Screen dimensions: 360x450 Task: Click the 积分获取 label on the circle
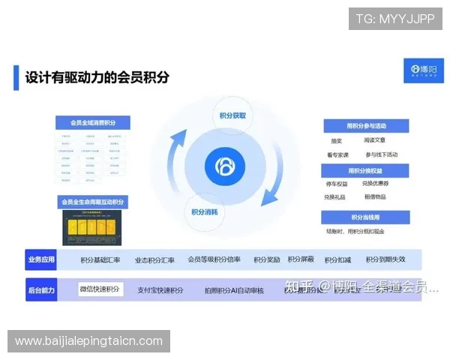pyautogui.click(x=232, y=115)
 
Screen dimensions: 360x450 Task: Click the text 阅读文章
pyautogui.click(x=375, y=140)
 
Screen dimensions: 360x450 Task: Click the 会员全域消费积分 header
pyautogui.click(x=94, y=123)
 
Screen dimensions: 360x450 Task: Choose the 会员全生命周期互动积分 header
pyautogui.click(x=94, y=202)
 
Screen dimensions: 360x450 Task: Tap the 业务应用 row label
pyautogui.click(x=41, y=259)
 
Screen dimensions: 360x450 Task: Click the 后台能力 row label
pyautogui.click(x=41, y=289)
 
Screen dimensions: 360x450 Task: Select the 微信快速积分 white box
pyautogui.click(x=100, y=289)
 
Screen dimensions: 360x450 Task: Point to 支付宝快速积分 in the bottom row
pyautogui.click(x=160, y=289)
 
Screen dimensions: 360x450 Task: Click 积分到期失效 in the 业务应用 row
pyautogui.click(x=385, y=259)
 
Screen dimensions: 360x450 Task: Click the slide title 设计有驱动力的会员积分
pyautogui.click(x=97, y=76)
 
